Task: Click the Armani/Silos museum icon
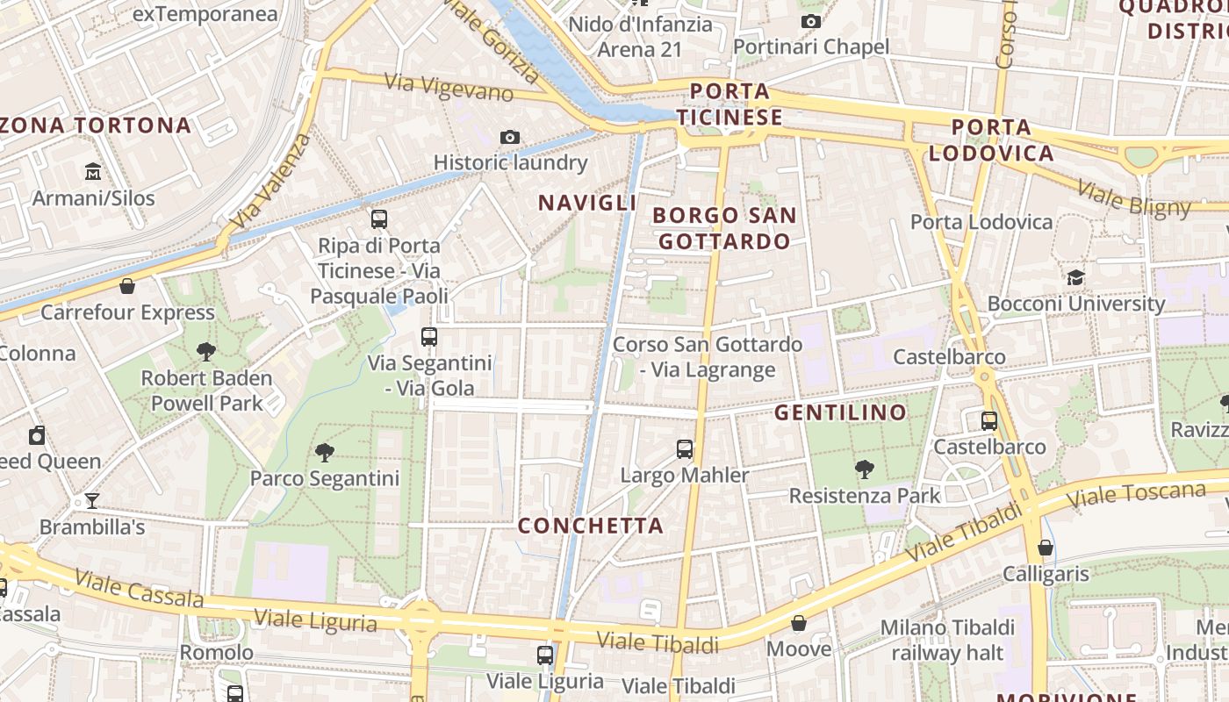point(93,170)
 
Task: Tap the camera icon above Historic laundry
point(509,137)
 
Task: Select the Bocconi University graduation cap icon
point(1075,278)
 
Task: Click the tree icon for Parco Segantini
point(325,453)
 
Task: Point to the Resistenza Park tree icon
point(865,469)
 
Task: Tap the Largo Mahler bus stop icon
point(685,449)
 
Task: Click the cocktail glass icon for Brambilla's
point(92,501)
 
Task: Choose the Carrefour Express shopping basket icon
point(127,286)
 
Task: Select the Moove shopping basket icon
point(799,623)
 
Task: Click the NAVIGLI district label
point(587,203)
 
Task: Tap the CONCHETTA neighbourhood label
point(590,526)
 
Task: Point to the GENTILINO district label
point(840,412)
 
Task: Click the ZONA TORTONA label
point(95,125)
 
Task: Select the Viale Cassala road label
point(140,589)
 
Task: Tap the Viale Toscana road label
point(1138,493)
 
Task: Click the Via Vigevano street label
point(449,87)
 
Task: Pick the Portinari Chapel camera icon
point(811,21)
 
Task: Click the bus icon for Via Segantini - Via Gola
point(429,337)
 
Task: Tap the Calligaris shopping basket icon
point(1045,548)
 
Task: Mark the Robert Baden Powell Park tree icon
point(206,352)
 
